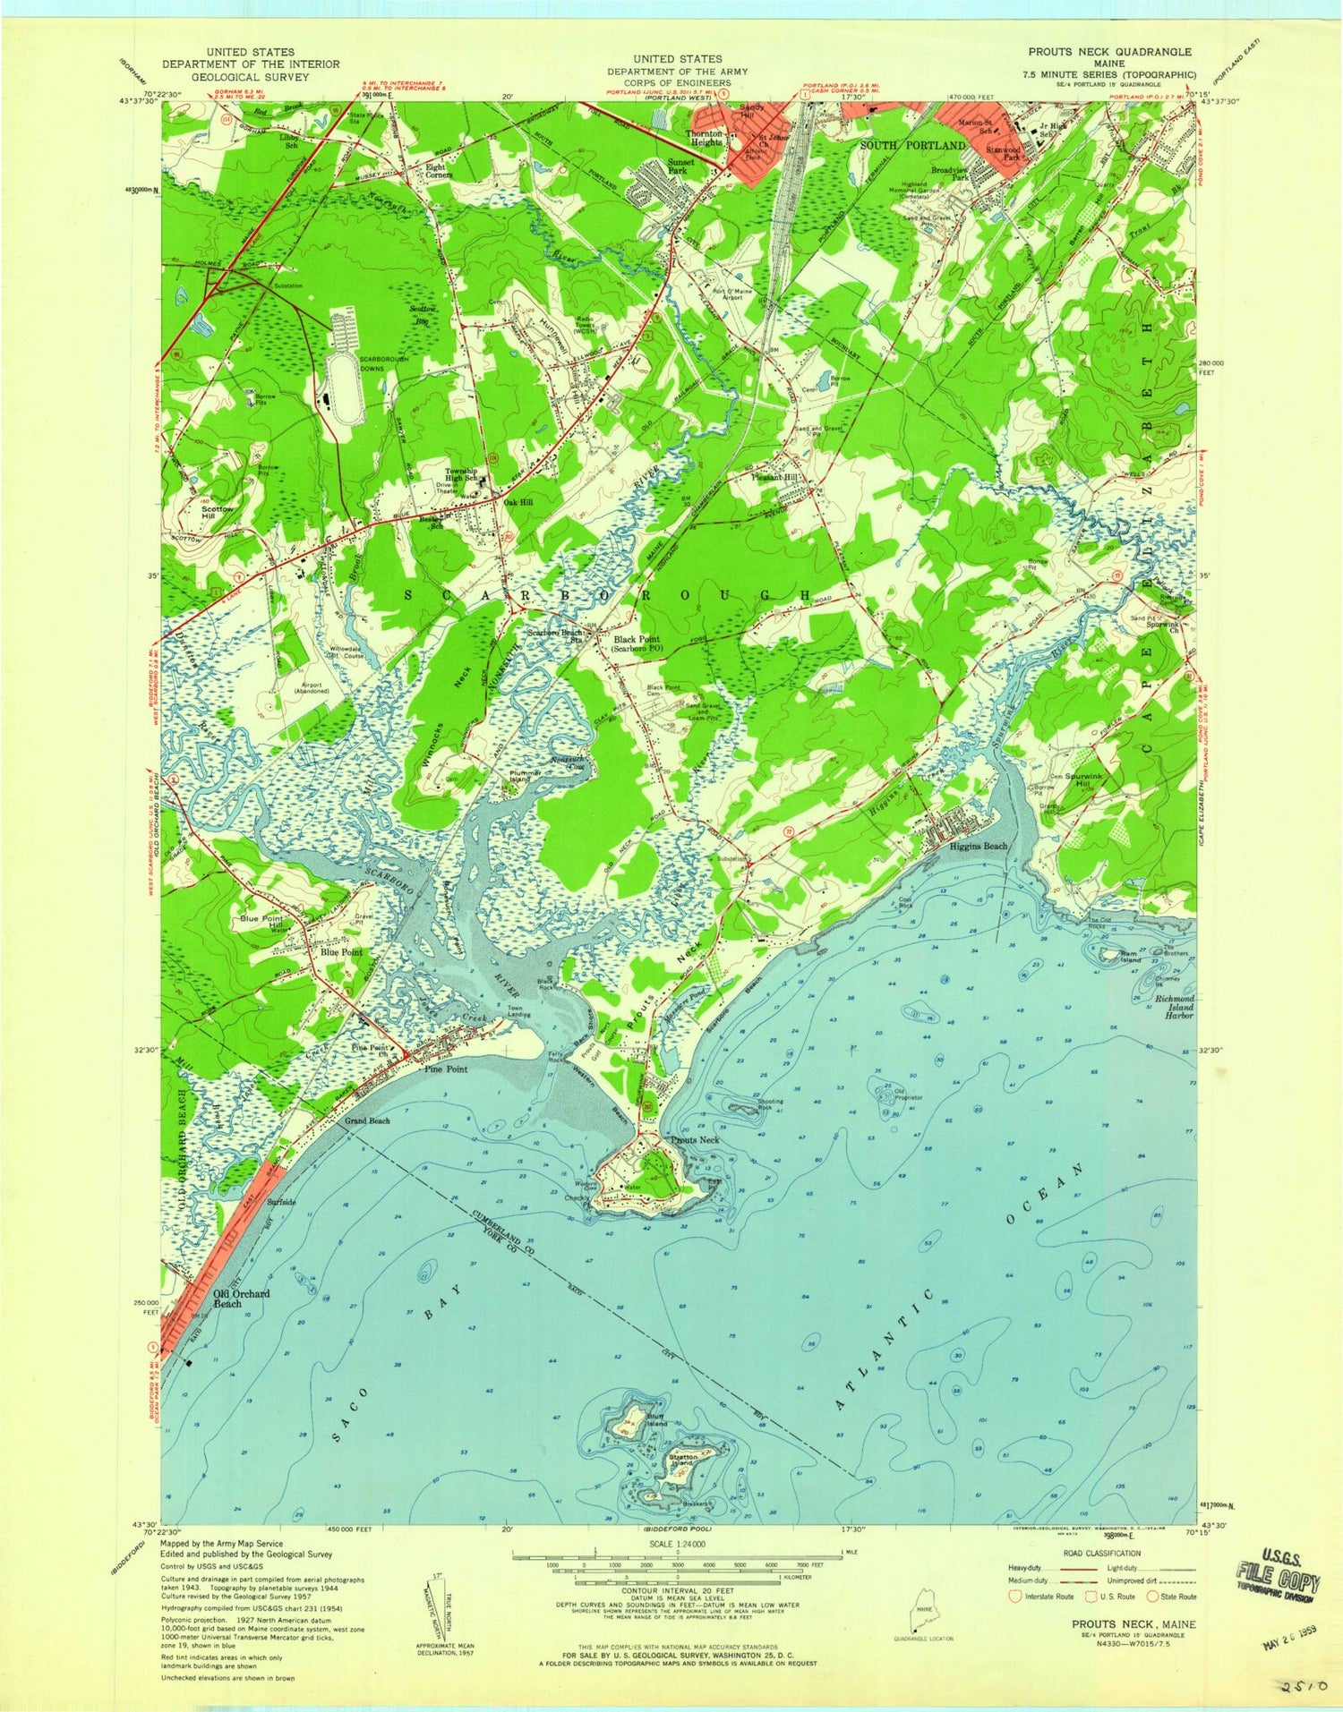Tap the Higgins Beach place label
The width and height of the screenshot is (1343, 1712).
coord(979,846)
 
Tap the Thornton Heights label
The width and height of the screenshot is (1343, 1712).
coord(704,137)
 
